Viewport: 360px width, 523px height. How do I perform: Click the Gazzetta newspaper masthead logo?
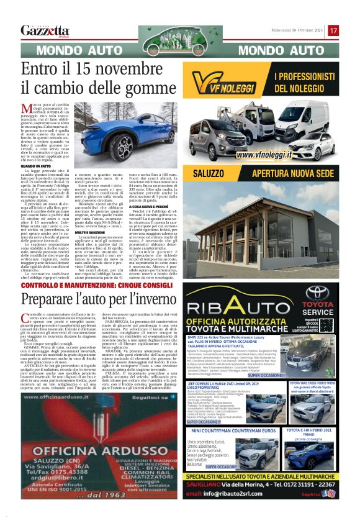[45, 30]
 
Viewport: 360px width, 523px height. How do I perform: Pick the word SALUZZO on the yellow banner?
[211, 173]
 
